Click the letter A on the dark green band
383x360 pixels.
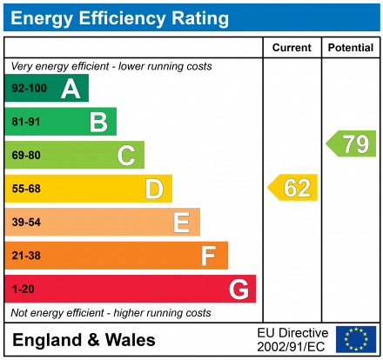pyautogui.click(x=71, y=89)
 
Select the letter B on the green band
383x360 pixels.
pyautogui.click(x=98, y=123)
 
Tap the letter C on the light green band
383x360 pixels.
pyautogui.click(x=126, y=156)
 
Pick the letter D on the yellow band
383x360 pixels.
pyautogui.click(x=154, y=189)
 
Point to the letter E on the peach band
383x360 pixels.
pyautogui.click(x=181, y=223)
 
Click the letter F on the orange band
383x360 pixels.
pyautogui.click(x=209, y=256)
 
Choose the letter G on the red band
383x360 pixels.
pyautogui.click(x=238, y=289)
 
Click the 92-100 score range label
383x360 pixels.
pyautogui.click(x=30, y=89)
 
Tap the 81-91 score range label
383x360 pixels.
pyautogui.click(x=26, y=123)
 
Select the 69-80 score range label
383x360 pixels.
pyautogui.click(x=26, y=156)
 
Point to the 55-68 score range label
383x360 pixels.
pyautogui.click(x=26, y=189)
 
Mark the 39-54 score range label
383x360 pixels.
pyautogui.click(x=26, y=223)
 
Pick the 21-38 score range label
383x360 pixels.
pyautogui.click(x=26, y=256)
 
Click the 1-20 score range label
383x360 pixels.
pyautogui.click(x=22, y=289)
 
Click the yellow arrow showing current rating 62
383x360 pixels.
pyautogui.click(x=293, y=188)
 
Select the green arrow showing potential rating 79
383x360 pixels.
pyautogui.click(x=352, y=143)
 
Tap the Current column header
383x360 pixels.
pyautogui.click(x=292, y=48)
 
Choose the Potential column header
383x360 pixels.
pyautogui.click(x=350, y=48)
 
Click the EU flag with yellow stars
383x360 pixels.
pyautogui.click(x=356, y=339)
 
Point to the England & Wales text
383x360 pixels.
pyautogui.click(x=84, y=339)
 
